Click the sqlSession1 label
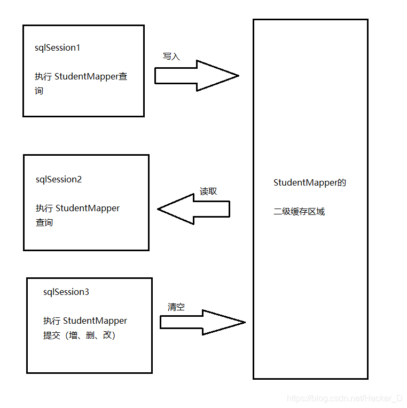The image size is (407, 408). click(57, 48)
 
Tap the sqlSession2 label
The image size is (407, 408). click(59, 180)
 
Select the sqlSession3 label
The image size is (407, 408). click(66, 292)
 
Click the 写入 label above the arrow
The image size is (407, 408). click(171, 57)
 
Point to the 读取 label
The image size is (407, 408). click(208, 191)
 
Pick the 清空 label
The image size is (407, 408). click(176, 307)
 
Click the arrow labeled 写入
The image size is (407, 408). click(197, 76)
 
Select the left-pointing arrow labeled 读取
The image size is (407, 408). click(193, 209)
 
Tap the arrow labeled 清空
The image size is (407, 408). click(202, 322)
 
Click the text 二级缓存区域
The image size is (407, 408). click(299, 212)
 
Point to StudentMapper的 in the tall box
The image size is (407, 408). click(310, 183)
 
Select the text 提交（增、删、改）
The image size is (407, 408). click(80, 335)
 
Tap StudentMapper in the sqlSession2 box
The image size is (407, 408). click(88, 208)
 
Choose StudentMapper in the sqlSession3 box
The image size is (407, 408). click(95, 321)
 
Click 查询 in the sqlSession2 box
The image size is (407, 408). click(44, 222)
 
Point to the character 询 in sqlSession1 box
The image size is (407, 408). click(39, 91)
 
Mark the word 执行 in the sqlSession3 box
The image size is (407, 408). click(52, 321)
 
